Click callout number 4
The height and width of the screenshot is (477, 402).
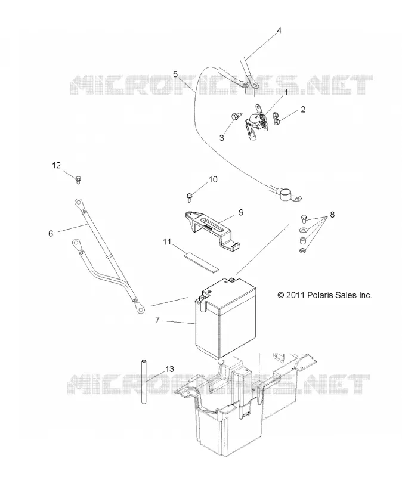279,31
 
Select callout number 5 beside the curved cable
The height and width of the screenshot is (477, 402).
175,74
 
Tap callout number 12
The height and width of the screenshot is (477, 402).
57,166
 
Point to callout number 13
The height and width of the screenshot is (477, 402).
169,369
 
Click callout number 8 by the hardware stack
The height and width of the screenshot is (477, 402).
332,215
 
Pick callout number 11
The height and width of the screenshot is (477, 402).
167,242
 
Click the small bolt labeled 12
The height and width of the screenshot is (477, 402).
79,180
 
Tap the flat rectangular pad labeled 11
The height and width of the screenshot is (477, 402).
201,258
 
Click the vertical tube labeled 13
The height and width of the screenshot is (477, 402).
143,382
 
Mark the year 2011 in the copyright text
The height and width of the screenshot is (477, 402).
295,295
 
